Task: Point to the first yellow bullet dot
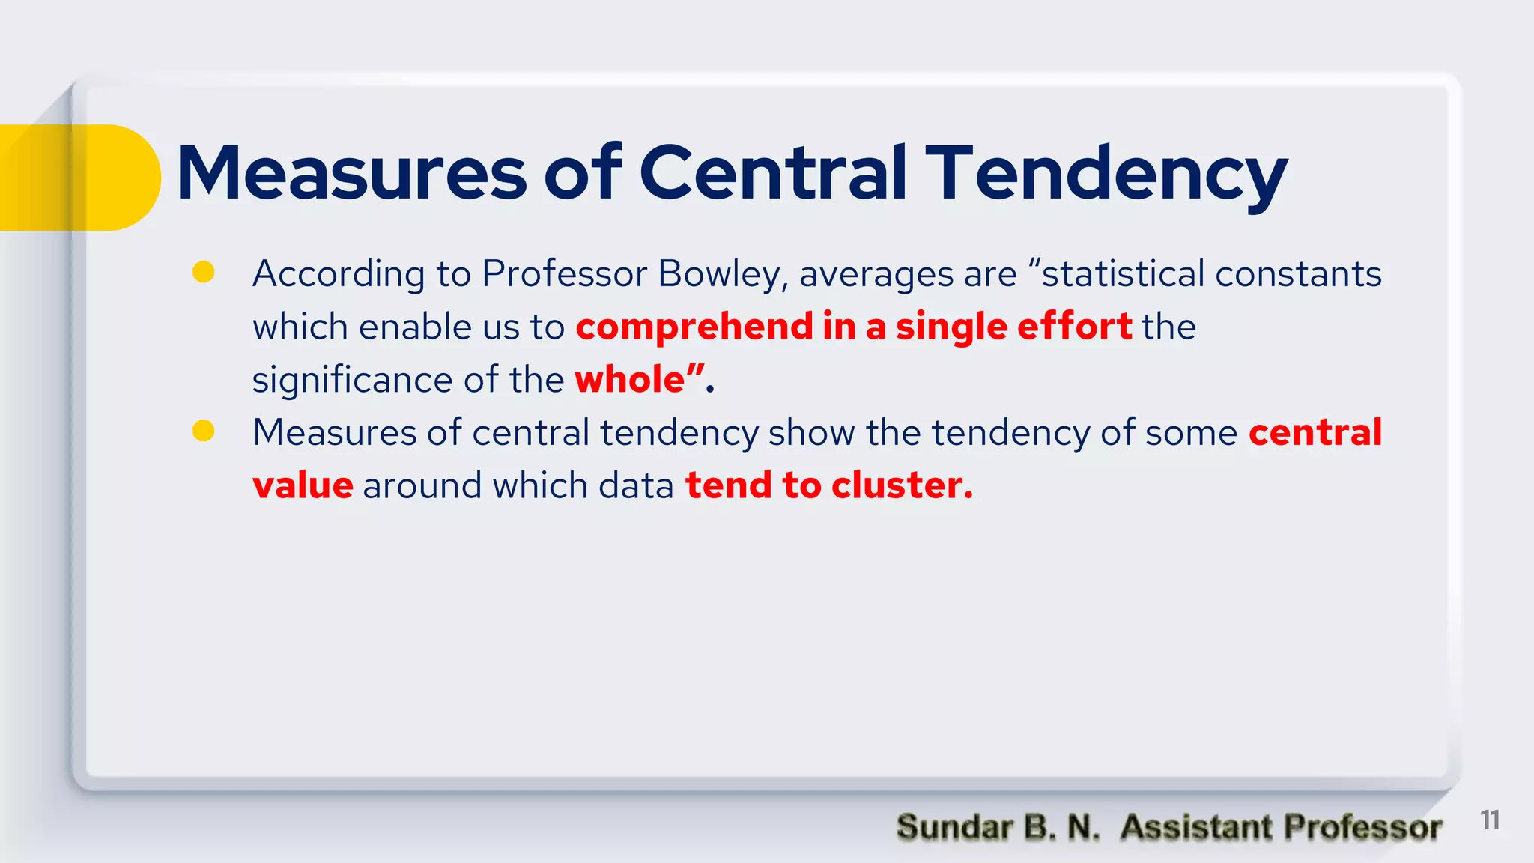(x=204, y=272)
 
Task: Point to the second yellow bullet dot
(x=204, y=431)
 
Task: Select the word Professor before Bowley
(x=564, y=274)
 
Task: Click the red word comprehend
(x=694, y=327)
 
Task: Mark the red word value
(x=303, y=485)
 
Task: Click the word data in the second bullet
(x=636, y=485)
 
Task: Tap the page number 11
(x=1490, y=820)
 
